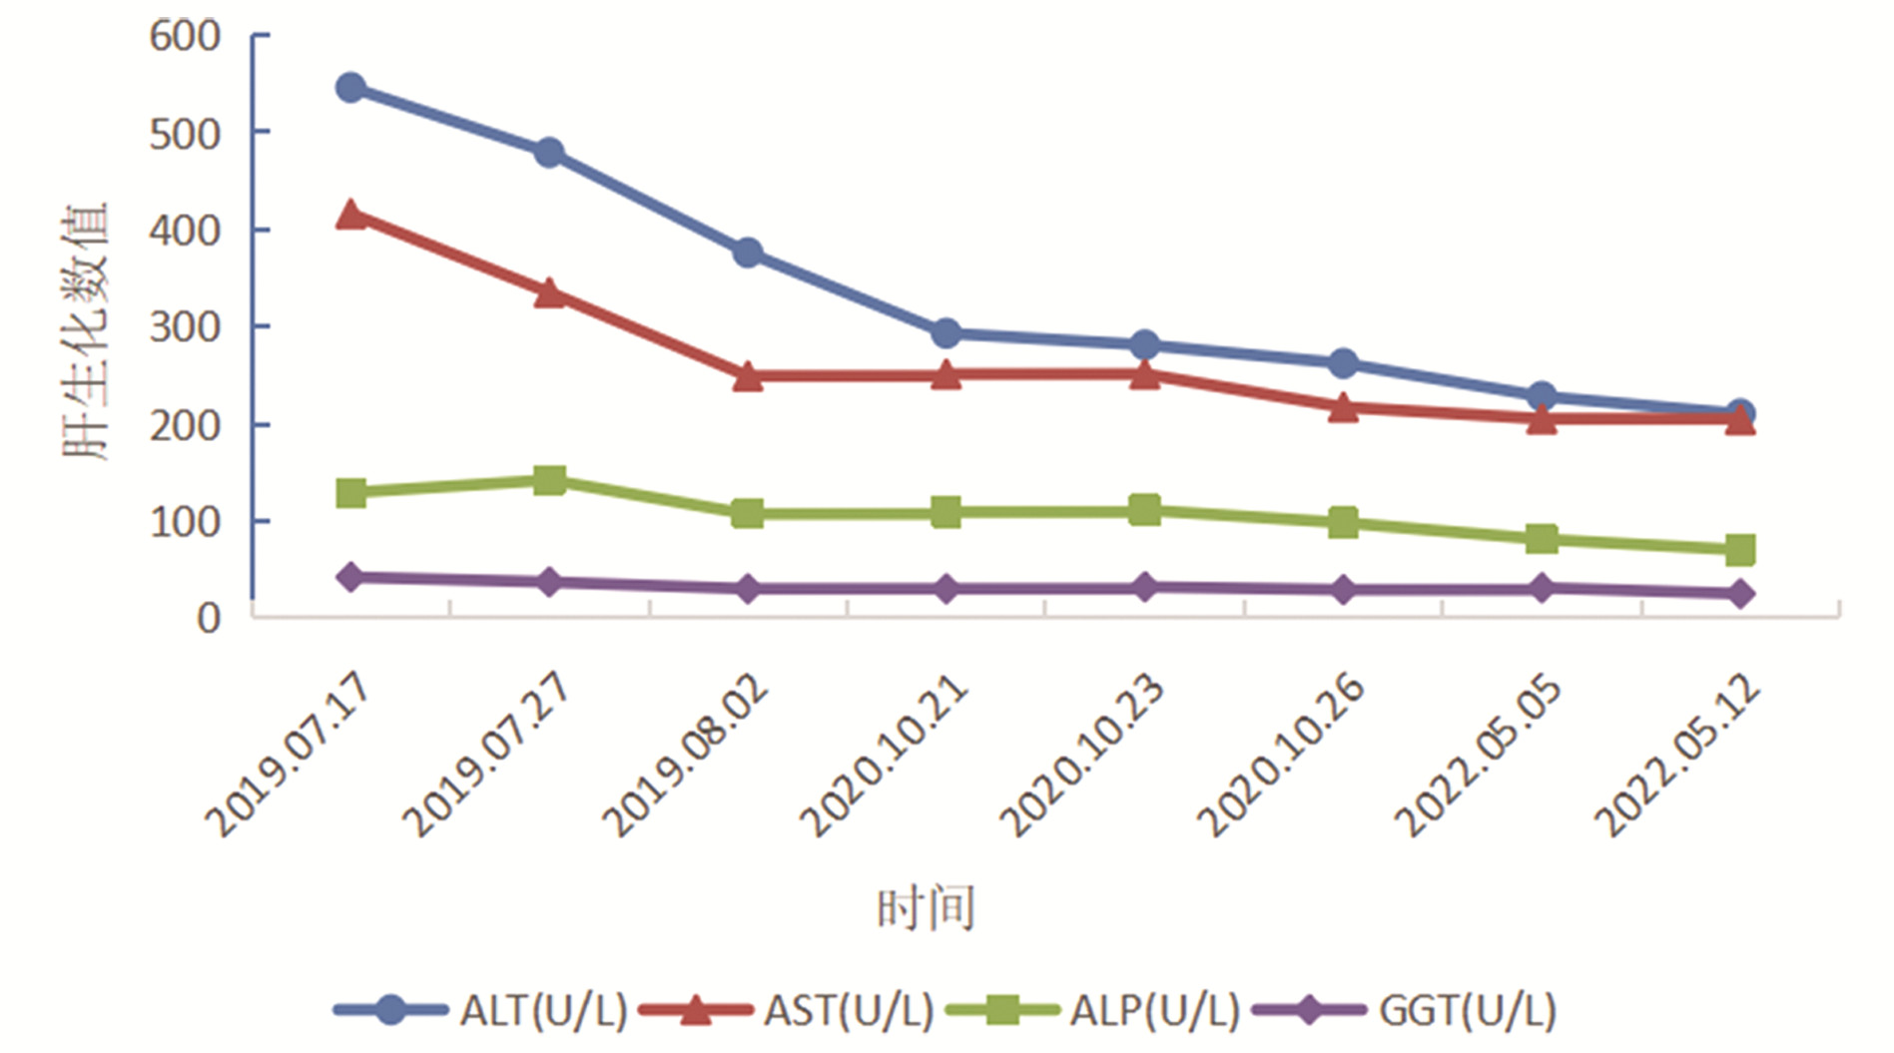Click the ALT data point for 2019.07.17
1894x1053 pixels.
[350, 88]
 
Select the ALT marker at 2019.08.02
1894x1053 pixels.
[748, 253]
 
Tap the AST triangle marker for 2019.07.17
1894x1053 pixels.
[350, 215]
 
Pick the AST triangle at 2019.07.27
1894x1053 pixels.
[549, 293]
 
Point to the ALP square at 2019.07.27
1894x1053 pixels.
[549, 480]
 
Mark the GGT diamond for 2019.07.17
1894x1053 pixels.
[350, 577]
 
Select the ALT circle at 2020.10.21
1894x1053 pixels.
[947, 333]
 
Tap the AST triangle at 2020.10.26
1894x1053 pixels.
[1344, 408]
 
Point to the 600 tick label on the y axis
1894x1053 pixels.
[186, 37]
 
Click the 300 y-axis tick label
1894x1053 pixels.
[186, 327]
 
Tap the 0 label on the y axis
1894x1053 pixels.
[209, 619]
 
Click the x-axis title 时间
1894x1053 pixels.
[926, 908]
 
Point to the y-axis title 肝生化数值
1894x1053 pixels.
[86, 331]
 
